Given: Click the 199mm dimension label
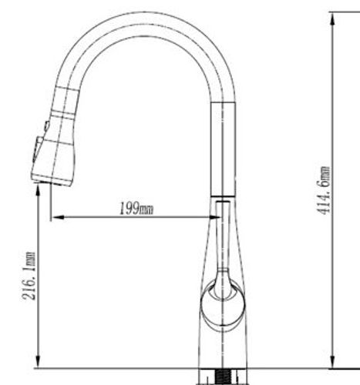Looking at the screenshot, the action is click(136, 208).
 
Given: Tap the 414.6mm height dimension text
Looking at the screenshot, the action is click(323, 190).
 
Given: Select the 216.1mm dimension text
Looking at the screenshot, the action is click(29, 276).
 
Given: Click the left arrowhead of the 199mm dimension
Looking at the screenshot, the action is click(58, 217).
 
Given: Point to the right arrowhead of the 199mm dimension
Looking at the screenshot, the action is click(214, 217).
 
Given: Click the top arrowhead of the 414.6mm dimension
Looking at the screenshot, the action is click(332, 19).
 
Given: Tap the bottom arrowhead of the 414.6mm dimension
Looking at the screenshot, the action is click(332, 362).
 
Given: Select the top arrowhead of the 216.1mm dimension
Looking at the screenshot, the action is click(38, 190).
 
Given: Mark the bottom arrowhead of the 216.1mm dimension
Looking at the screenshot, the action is click(38, 362).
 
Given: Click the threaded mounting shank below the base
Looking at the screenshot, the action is click(223, 377).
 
